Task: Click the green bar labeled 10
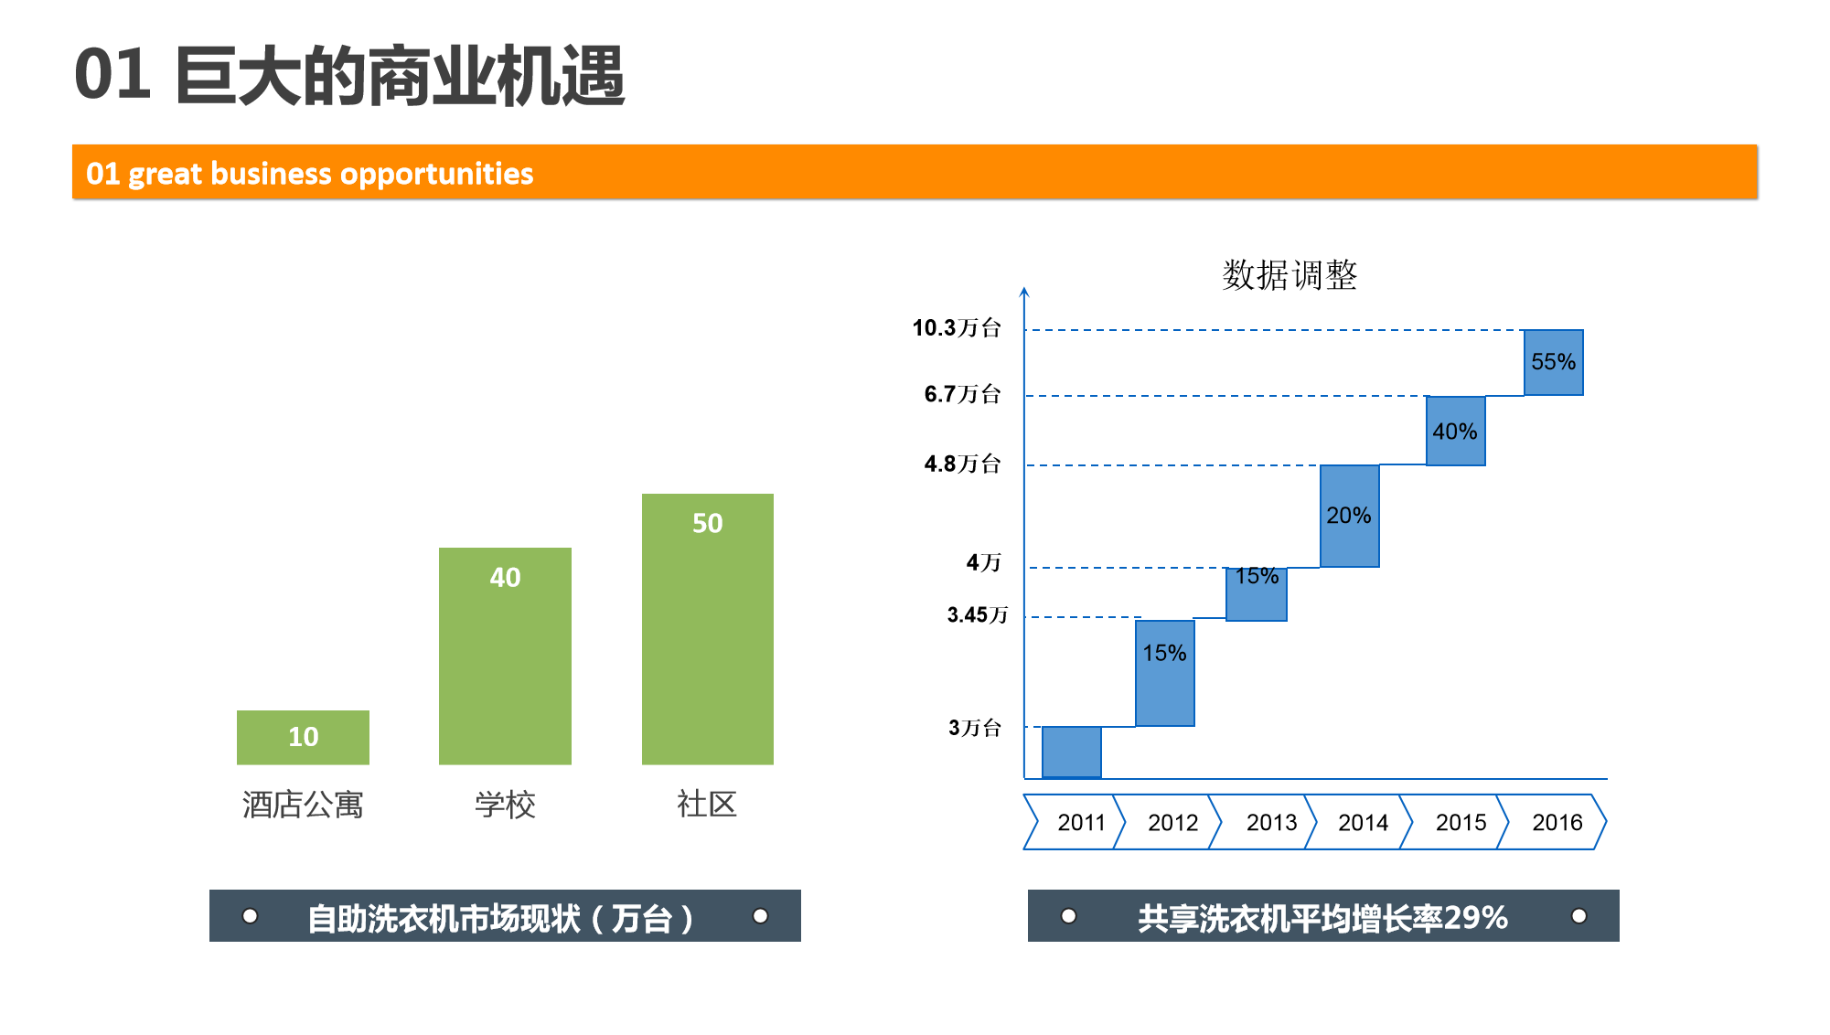tap(303, 737)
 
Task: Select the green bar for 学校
tap(505, 656)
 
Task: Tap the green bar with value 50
tap(708, 629)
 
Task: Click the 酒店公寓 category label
tap(303, 805)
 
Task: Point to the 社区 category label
tap(707, 805)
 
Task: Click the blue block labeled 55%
tap(1553, 362)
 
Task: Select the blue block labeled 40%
tap(1455, 431)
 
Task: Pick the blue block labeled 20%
tap(1349, 516)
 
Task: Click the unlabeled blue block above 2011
tap(1071, 752)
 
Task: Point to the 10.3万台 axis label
tap(957, 328)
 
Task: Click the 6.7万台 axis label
tap(962, 394)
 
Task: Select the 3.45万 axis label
tap(978, 614)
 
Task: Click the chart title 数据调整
tap(1290, 274)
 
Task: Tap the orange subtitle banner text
tap(309, 174)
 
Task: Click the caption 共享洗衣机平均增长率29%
tap(1322, 918)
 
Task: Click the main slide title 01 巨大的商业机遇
tap(349, 76)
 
